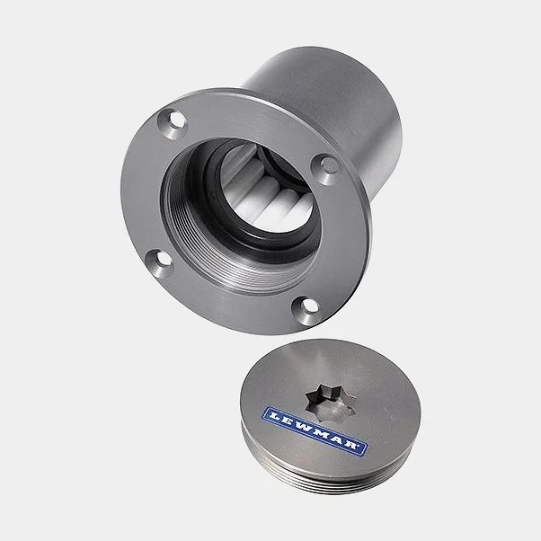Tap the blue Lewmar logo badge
[x=315, y=431]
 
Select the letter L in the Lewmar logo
[x=274, y=414]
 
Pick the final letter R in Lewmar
[x=351, y=446]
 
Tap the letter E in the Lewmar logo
[x=286, y=420]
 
